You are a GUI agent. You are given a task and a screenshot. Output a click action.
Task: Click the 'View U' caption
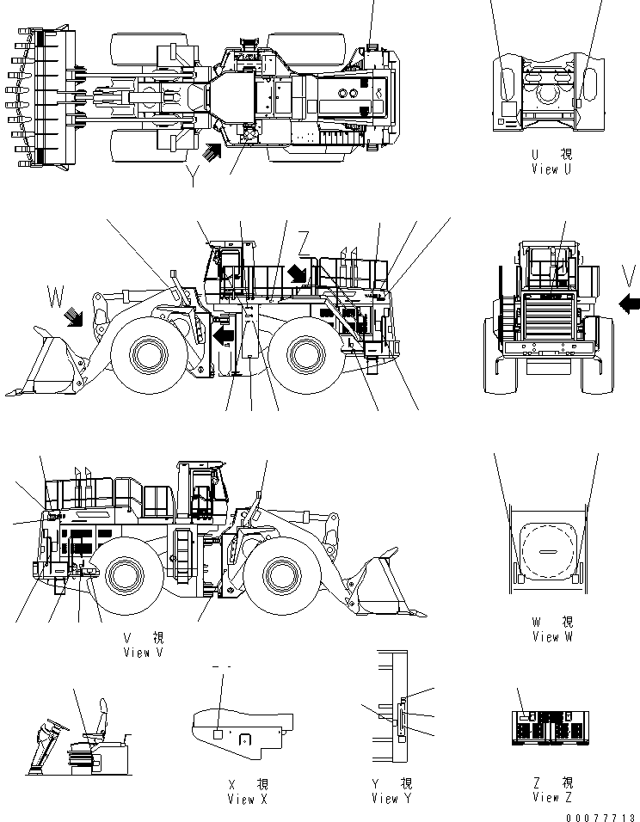click(x=551, y=169)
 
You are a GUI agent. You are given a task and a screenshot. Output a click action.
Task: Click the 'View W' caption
click(x=551, y=636)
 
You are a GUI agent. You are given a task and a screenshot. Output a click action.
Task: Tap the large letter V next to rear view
click(x=630, y=276)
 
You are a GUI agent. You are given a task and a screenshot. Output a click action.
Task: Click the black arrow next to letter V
click(x=630, y=303)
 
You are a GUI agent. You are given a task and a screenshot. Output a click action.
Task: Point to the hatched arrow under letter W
click(x=73, y=320)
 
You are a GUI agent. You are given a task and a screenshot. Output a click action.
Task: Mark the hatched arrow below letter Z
click(x=296, y=273)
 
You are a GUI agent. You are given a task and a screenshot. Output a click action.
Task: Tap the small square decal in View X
click(x=218, y=733)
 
